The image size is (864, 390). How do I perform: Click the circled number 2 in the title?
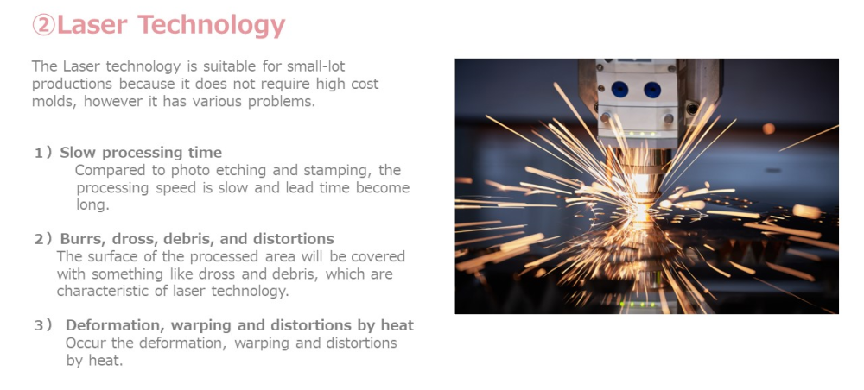pos(44,25)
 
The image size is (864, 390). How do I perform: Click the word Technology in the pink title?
pos(211,26)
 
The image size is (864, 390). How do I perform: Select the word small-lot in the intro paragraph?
pos(316,66)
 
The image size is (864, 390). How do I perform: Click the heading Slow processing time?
pos(141,153)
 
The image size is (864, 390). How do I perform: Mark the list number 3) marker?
pos(43,325)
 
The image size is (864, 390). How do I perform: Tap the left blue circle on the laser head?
pos(619,89)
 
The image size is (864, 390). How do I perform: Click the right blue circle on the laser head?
pos(652,90)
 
